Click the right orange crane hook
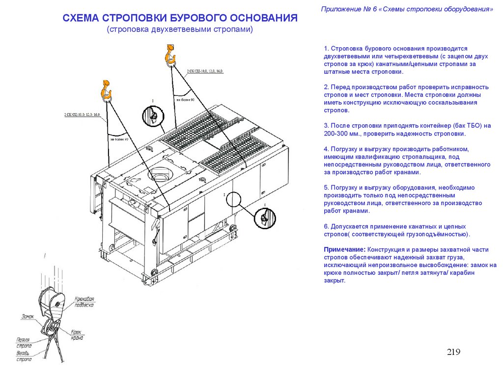point(170,53)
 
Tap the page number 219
point(453,351)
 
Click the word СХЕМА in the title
point(81,19)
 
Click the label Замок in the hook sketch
point(28,317)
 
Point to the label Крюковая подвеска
point(84,301)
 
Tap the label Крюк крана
point(77,335)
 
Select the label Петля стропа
point(23,343)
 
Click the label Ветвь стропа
point(24,356)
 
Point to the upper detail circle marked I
point(152,116)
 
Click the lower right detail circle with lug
point(265,217)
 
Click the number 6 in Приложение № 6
point(375,9)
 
